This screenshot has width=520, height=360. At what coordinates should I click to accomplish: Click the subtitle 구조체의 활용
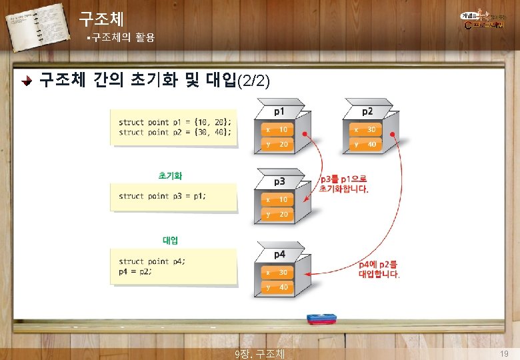click(123, 38)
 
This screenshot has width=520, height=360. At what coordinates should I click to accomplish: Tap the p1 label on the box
click(279, 111)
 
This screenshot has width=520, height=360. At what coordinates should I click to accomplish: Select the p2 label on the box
click(367, 111)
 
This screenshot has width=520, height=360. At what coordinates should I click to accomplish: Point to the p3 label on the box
click(279, 181)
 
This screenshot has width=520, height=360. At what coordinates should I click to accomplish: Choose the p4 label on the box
click(279, 254)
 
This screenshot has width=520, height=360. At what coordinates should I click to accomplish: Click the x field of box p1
click(275, 129)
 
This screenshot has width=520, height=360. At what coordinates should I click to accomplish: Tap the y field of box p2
click(363, 145)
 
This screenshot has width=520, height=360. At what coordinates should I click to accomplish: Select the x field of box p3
click(275, 199)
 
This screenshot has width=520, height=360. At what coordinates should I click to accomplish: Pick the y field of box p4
click(275, 287)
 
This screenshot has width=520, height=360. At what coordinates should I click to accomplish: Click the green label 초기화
click(170, 176)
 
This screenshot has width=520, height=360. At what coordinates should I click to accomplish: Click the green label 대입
click(170, 239)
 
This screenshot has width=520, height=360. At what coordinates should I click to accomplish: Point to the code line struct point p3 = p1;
click(163, 196)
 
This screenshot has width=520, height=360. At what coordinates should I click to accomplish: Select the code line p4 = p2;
click(135, 271)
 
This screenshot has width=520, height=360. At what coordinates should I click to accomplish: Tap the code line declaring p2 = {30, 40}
click(175, 132)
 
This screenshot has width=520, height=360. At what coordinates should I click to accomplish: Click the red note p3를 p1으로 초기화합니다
click(343, 184)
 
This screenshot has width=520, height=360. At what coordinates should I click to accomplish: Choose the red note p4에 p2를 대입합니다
click(379, 269)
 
